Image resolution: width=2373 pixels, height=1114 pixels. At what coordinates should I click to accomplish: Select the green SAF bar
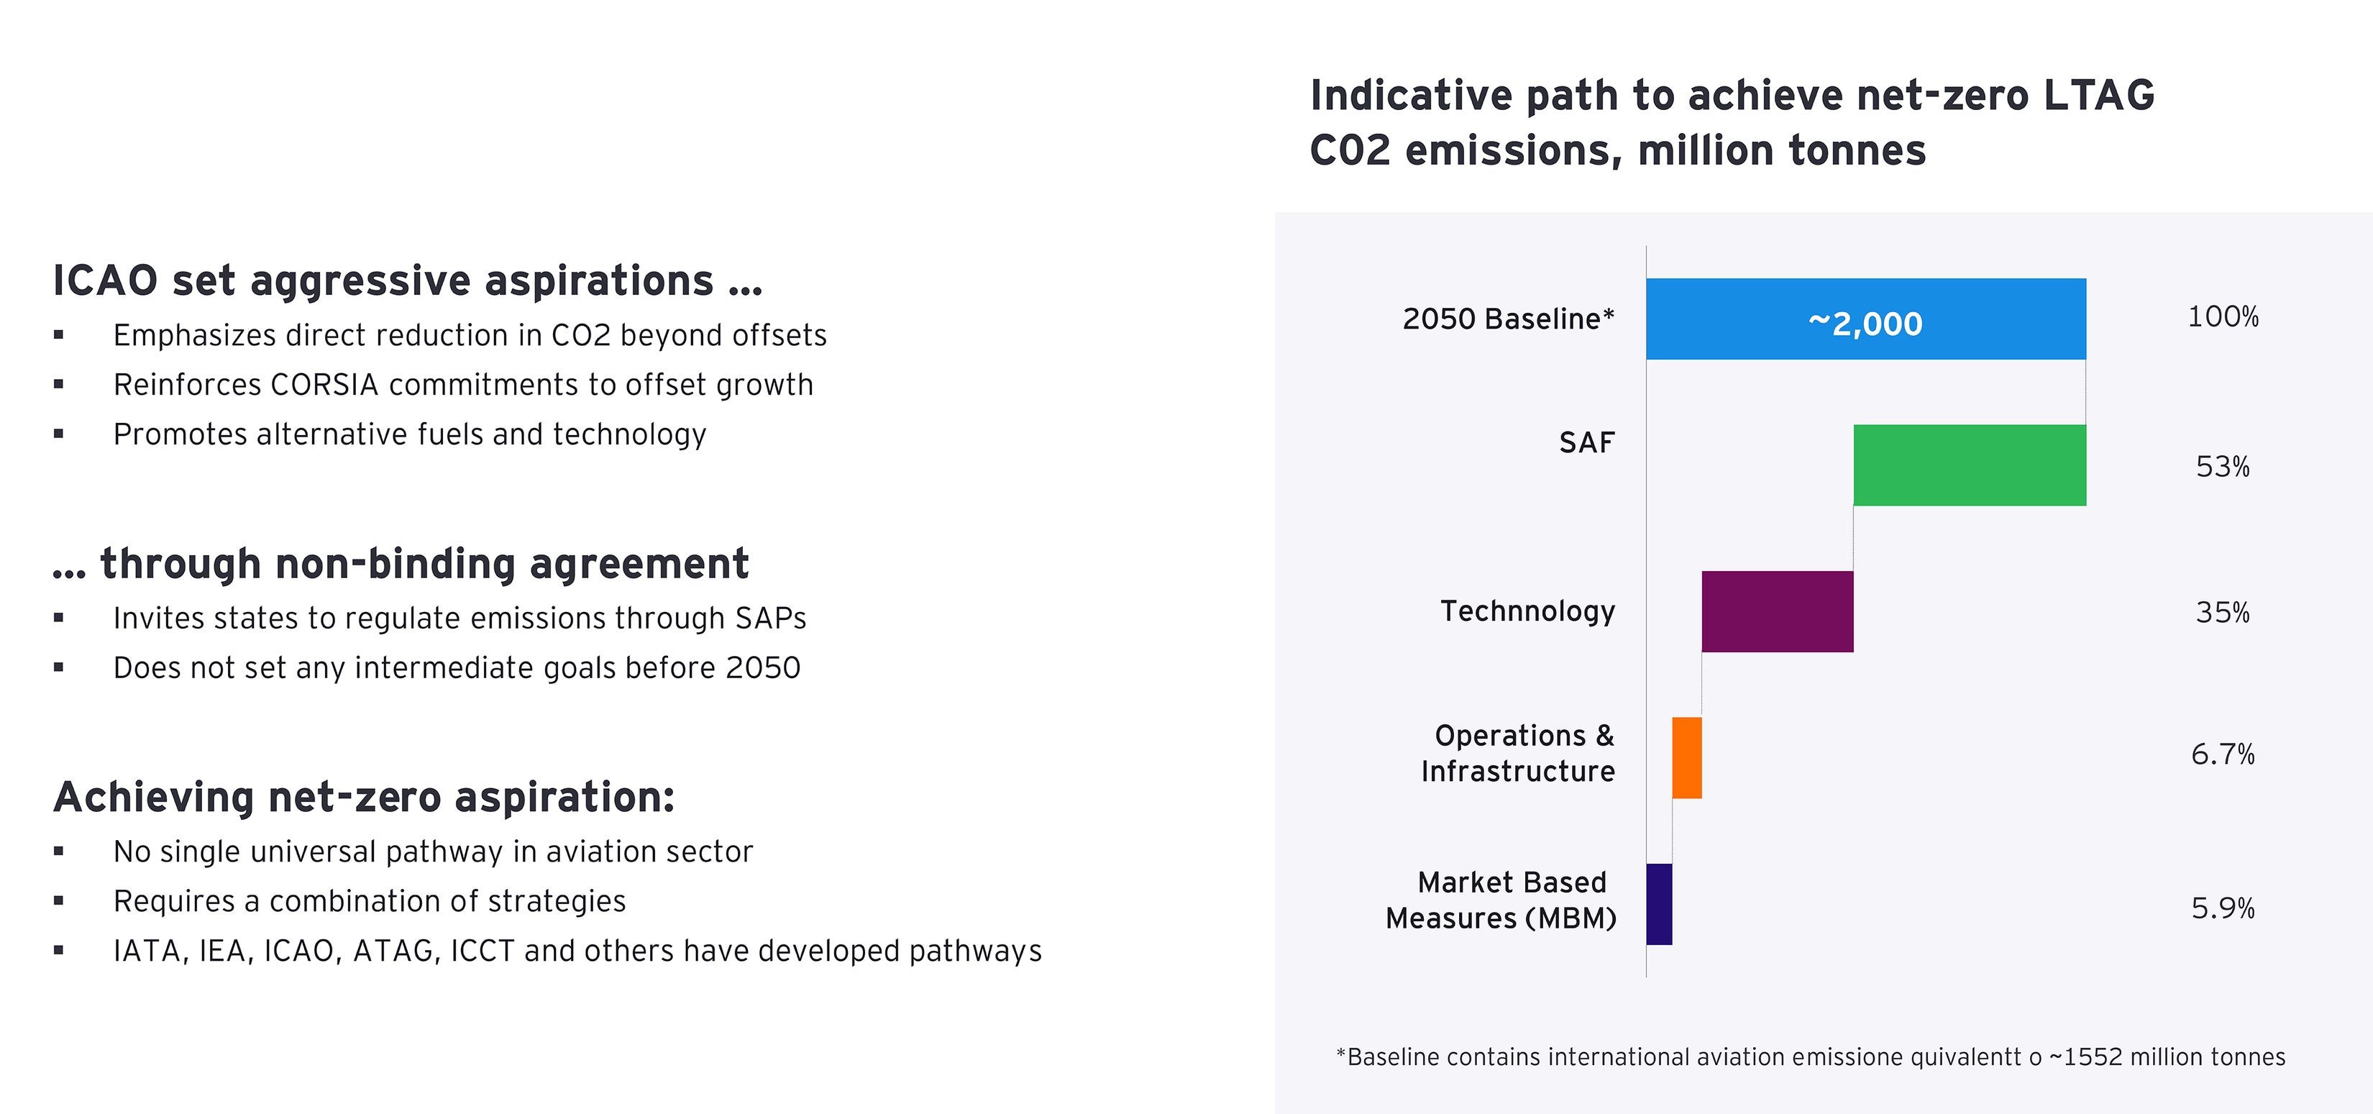pyautogui.click(x=1970, y=465)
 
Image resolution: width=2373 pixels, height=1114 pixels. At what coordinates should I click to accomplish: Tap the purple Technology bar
pyautogui.click(x=1777, y=612)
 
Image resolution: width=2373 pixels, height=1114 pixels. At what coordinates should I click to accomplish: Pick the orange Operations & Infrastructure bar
pyautogui.click(x=1687, y=757)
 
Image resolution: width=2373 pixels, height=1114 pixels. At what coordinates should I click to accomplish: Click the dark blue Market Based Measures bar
pyautogui.click(x=1659, y=904)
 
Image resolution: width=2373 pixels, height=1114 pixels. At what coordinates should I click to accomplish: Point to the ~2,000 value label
pyautogui.click(x=1865, y=324)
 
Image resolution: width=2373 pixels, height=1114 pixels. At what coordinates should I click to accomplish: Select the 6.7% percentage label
pyautogui.click(x=2222, y=754)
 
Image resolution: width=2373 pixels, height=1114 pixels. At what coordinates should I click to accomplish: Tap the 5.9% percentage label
pyautogui.click(x=2222, y=908)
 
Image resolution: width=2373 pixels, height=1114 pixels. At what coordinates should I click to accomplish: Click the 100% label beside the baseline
pyautogui.click(x=2222, y=317)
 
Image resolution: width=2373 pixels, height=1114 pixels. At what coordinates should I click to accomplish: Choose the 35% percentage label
pyautogui.click(x=2222, y=613)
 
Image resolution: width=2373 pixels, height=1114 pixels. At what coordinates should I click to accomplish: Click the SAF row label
pyautogui.click(x=1586, y=443)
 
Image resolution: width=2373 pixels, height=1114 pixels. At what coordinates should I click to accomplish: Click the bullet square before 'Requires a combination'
pyautogui.click(x=59, y=901)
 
